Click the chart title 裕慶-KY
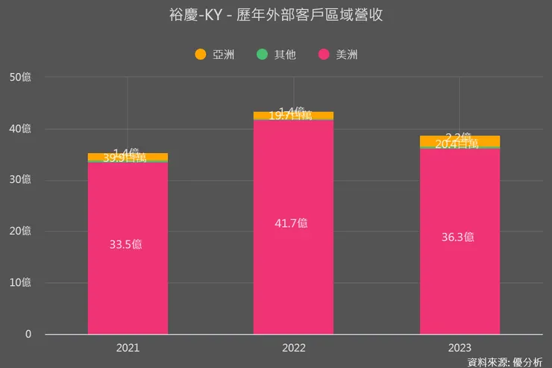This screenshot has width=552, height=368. (x=275, y=15)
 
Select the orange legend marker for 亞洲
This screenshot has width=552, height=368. (x=200, y=54)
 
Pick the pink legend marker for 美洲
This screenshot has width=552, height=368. (x=324, y=54)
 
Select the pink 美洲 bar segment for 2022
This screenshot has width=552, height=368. (x=293, y=269)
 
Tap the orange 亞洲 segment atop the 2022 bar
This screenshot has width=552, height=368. (x=293, y=115)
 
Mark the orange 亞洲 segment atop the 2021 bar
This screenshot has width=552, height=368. (x=128, y=156)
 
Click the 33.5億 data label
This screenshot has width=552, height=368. (x=128, y=244)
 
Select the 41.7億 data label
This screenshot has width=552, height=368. (x=293, y=222)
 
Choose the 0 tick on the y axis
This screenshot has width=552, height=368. (x=28, y=334)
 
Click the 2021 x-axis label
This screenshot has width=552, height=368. (x=128, y=348)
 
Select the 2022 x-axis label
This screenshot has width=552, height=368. (x=293, y=348)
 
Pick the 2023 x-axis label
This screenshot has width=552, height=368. (x=460, y=348)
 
